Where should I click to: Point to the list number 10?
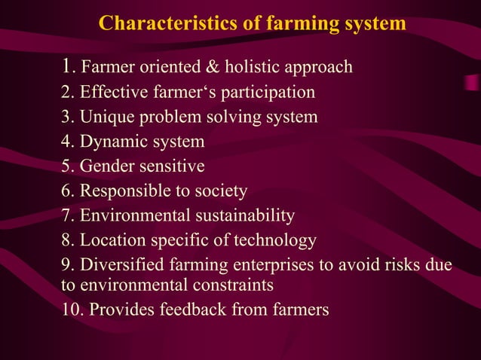point(71,310)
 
